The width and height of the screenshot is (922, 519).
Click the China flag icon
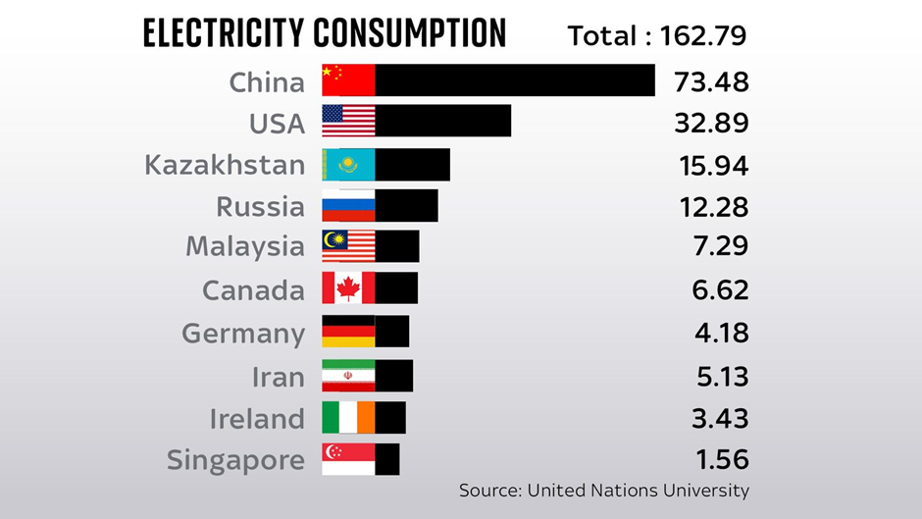pos(348,80)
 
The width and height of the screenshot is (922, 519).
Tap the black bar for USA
pos(443,121)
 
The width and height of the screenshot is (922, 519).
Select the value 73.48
pos(711,81)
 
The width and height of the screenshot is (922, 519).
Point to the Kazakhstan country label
pos(225,165)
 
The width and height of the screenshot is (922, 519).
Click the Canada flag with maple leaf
pos(348,288)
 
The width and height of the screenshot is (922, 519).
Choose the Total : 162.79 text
pos(657,35)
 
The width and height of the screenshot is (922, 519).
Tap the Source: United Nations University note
pos(603,490)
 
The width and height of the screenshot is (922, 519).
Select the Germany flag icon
pos(348,332)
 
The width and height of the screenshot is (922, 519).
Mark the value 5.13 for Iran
pos(720,376)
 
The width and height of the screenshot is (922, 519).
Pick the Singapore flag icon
pos(348,459)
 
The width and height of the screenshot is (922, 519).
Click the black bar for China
pos(515,80)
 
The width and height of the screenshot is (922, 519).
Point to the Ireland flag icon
pos(348,417)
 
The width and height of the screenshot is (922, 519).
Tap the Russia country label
pos(260,207)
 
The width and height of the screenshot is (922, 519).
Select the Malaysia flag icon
pos(348,245)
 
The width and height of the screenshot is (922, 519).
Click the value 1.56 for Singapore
pos(720,459)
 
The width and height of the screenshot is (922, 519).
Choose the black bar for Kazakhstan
pos(413,165)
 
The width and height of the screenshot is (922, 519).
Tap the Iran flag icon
pos(348,376)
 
